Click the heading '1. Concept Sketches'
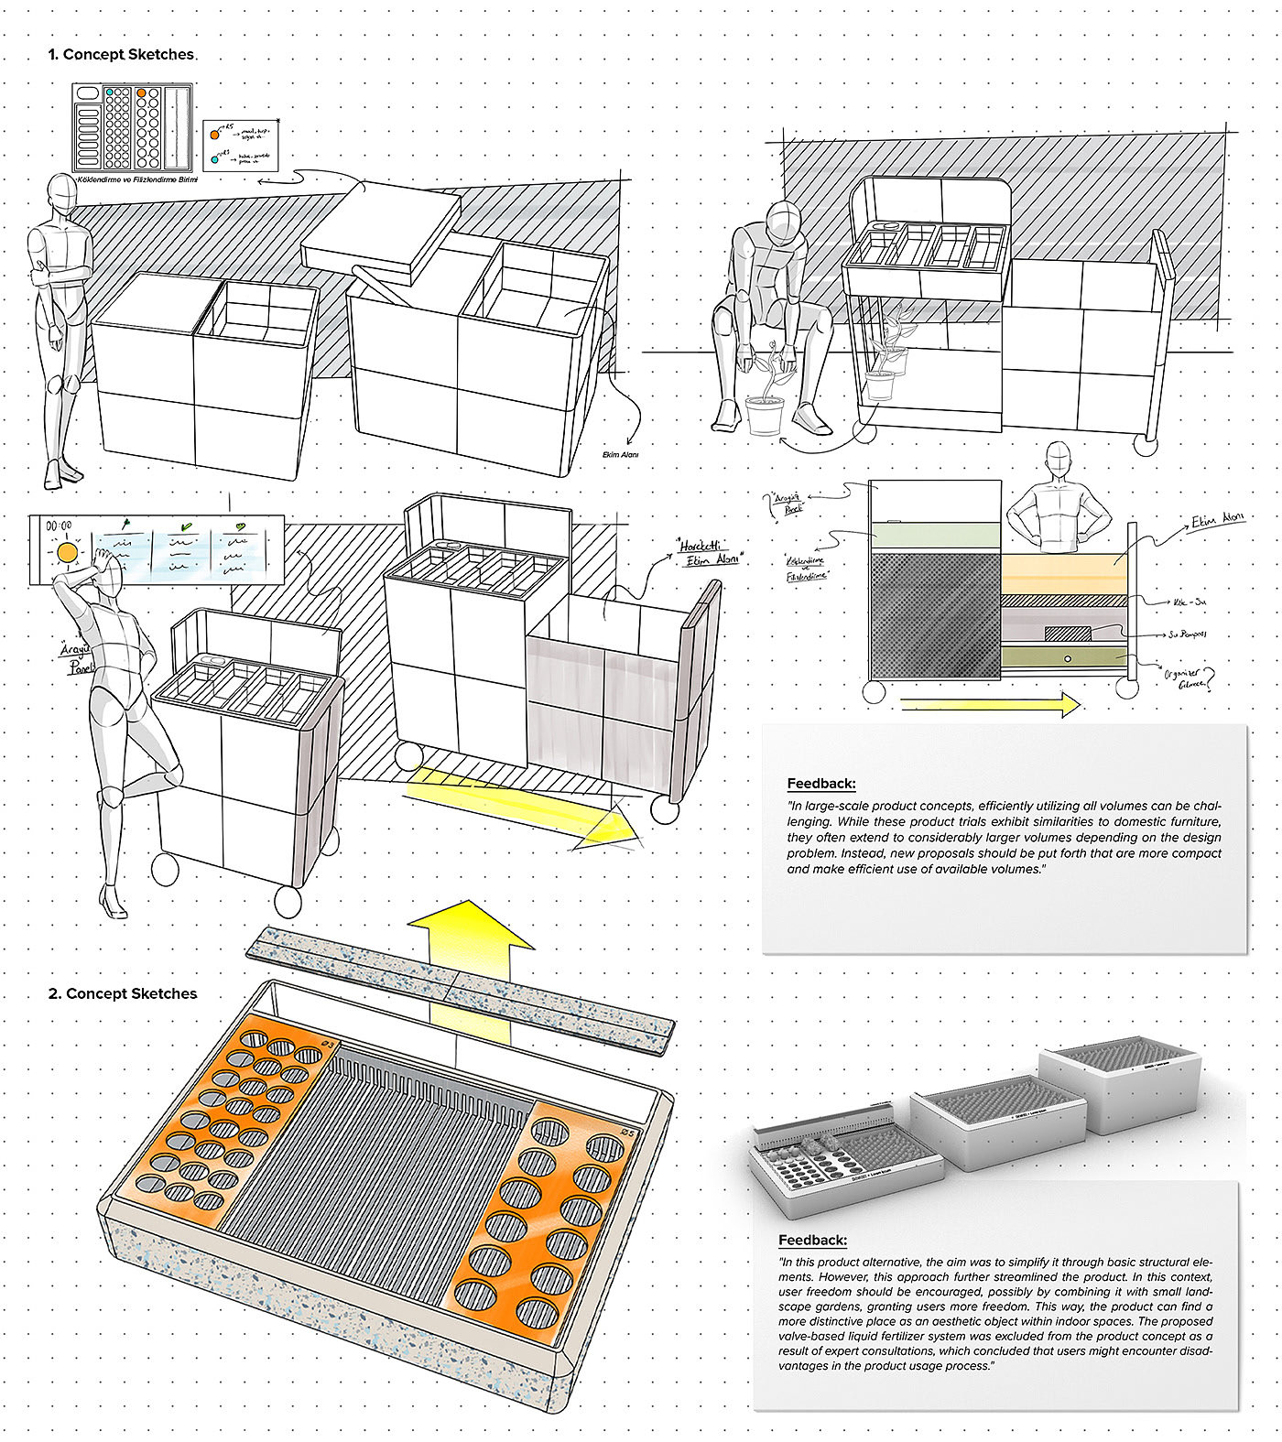pos(121,55)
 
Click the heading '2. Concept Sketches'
pos(123,993)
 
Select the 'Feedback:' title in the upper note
pos(821,784)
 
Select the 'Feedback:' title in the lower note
pos(812,1240)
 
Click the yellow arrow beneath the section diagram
pos(990,705)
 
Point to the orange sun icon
pos(67,553)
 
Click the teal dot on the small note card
pos(214,159)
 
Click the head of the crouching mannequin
pos(783,221)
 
